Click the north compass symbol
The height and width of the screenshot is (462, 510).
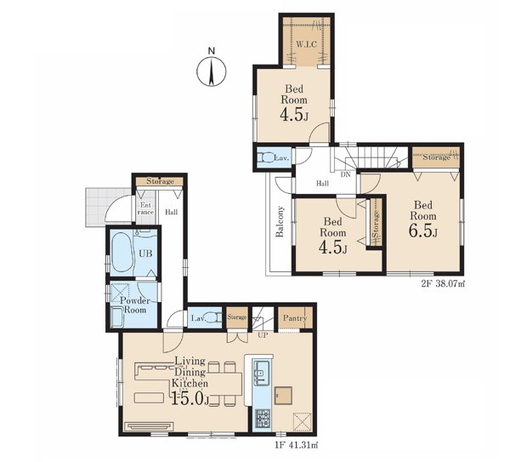[x=212, y=69]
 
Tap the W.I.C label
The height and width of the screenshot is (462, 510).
[x=306, y=44]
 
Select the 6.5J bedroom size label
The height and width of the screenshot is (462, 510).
[x=422, y=231]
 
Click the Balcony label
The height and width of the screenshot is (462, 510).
[x=280, y=221]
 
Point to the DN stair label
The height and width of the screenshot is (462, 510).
[x=345, y=174]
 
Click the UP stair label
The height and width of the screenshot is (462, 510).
[x=263, y=334]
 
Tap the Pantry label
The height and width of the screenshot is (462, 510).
[x=295, y=318]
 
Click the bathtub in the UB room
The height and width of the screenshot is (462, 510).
[x=122, y=253]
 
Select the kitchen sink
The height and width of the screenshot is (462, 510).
[x=262, y=372]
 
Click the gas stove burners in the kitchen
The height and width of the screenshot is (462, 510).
[x=262, y=418]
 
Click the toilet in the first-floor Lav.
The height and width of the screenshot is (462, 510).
[x=213, y=317]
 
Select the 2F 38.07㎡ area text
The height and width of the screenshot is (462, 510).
[x=444, y=284]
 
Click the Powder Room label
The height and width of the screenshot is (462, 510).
[x=135, y=305]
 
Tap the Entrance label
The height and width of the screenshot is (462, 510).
[x=145, y=208]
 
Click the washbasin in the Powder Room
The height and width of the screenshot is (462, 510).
[x=116, y=317]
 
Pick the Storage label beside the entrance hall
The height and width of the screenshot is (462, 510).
[x=160, y=181]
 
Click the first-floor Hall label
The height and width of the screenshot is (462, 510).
[x=171, y=212]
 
